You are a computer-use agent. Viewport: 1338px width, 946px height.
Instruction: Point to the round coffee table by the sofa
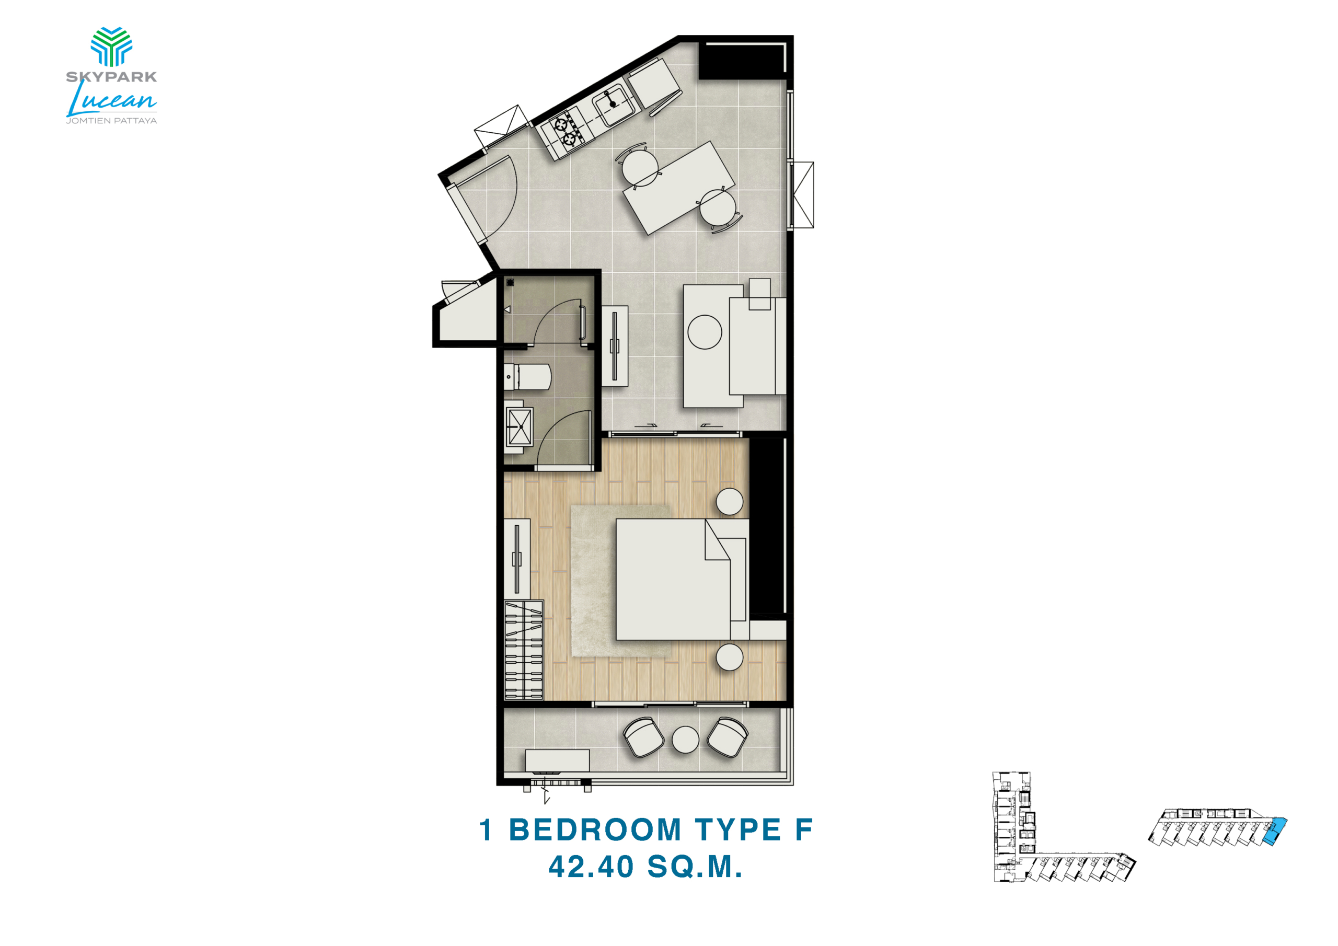tap(705, 332)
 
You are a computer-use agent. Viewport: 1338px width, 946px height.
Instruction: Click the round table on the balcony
tap(685, 740)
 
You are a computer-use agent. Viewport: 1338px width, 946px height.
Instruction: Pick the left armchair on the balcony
tap(643, 737)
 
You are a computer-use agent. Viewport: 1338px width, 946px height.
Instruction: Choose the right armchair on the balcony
tap(728, 737)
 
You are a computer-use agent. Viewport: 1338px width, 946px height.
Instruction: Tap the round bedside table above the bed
tap(730, 501)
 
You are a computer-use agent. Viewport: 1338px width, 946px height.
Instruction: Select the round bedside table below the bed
tap(730, 657)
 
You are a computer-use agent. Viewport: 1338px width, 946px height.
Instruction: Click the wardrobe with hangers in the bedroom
tap(523, 650)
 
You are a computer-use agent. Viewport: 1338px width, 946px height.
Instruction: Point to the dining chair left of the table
tap(639, 166)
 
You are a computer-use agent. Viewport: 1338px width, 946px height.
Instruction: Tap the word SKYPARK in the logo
tap(111, 76)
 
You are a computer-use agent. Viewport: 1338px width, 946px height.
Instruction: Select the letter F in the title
tap(804, 830)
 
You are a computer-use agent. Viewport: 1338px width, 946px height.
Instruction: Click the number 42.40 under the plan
tap(591, 867)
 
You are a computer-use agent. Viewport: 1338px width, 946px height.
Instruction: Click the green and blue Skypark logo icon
tap(111, 47)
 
